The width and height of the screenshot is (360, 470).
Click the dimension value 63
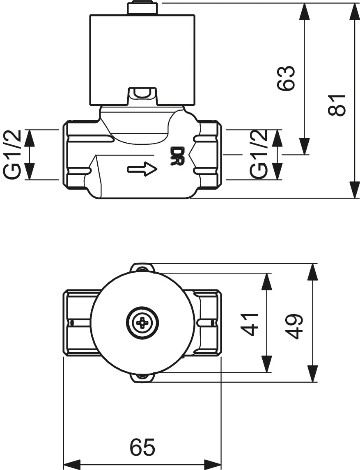(x=286, y=78)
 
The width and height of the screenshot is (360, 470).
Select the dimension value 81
(x=338, y=105)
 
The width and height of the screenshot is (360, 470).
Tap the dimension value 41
(x=249, y=324)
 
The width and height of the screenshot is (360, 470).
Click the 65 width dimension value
(x=142, y=447)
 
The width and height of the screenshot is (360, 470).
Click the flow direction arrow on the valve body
(x=142, y=169)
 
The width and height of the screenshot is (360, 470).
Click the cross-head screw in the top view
(x=142, y=323)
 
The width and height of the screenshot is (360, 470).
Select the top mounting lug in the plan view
(x=142, y=268)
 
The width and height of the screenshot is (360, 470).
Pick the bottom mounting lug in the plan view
(x=142, y=378)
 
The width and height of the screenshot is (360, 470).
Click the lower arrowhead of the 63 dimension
(x=304, y=146)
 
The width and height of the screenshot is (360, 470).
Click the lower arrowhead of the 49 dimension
(x=313, y=374)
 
